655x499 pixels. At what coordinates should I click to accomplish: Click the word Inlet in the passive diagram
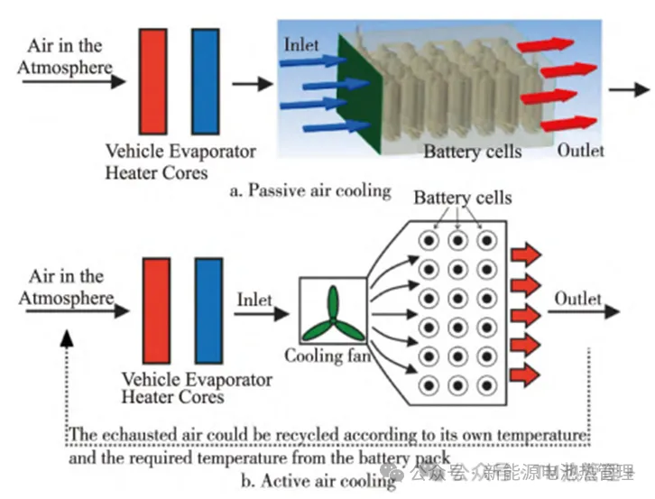coord(302,43)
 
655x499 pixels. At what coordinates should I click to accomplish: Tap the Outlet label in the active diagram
coord(577,299)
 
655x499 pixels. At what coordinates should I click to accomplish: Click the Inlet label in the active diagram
coord(254,299)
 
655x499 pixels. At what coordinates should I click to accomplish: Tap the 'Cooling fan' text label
coord(327,356)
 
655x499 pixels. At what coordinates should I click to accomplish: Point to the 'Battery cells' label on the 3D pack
coord(472,151)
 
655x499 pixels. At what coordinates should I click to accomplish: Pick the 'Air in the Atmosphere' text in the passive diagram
coord(69,56)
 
